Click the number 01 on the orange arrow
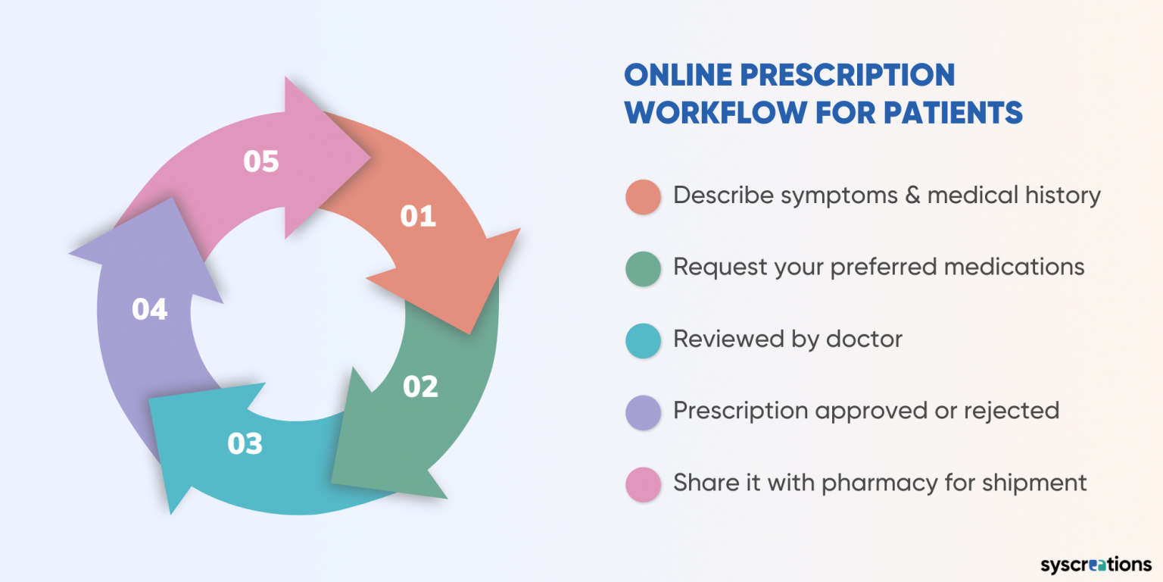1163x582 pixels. [x=418, y=216]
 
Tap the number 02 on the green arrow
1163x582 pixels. [x=420, y=386]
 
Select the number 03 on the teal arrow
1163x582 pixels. [x=245, y=443]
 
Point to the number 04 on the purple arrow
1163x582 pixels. [x=149, y=309]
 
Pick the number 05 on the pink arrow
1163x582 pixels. [x=261, y=161]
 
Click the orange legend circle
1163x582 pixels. [x=644, y=196]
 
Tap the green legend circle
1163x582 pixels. [x=644, y=268]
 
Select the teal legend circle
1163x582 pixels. [x=644, y=339]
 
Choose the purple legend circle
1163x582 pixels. [x=644, y=411]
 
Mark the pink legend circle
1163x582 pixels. [x=644, y=483]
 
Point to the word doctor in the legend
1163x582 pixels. [x=864, y=338]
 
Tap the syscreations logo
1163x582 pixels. [x=1095, y=564]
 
